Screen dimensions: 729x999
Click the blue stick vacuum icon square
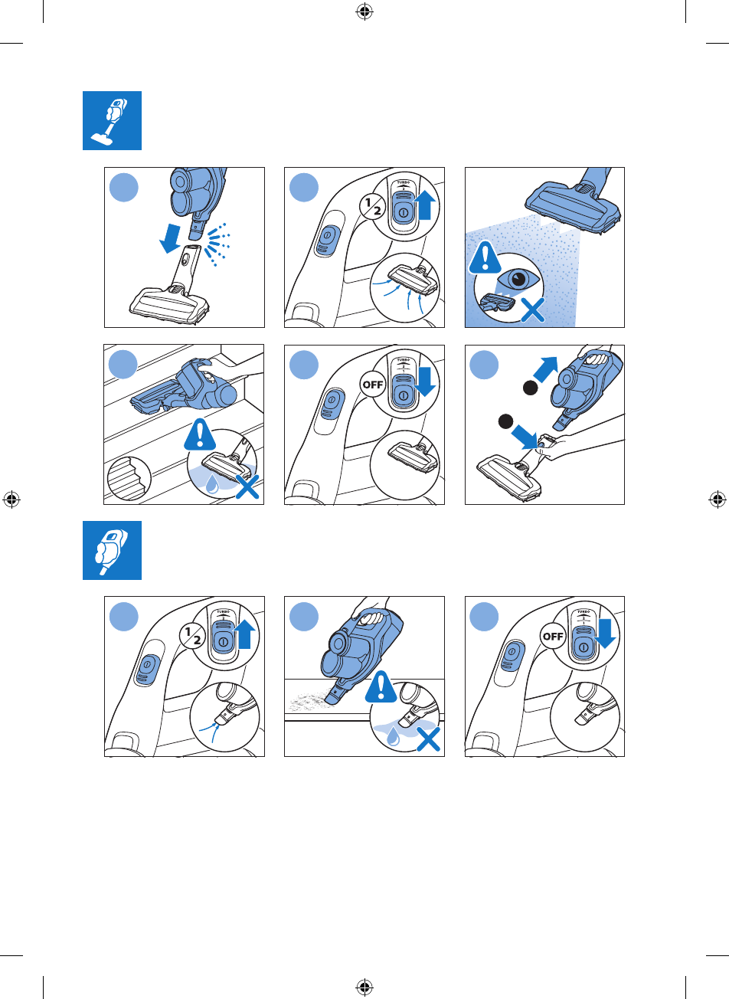112,120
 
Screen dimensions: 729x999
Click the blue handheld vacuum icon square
112,550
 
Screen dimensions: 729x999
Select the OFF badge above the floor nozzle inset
372,385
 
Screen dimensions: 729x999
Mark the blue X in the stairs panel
247,486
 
